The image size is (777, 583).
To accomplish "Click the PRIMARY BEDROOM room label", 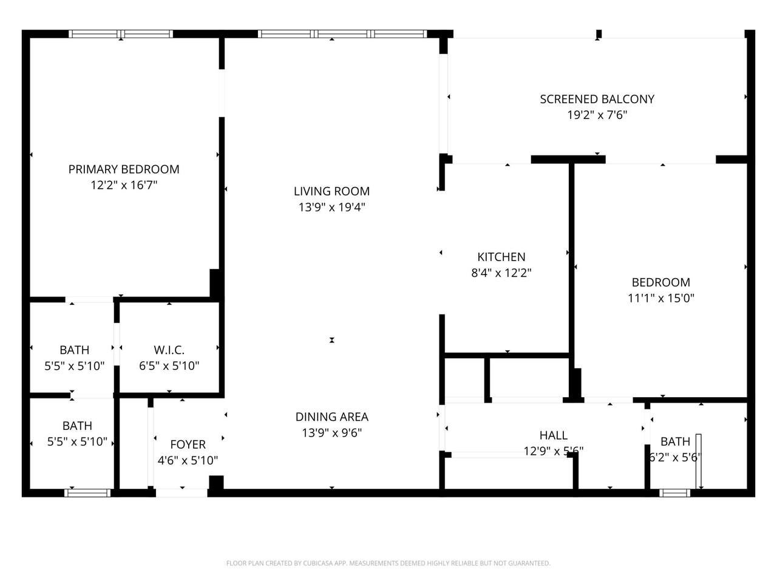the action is (124, 169).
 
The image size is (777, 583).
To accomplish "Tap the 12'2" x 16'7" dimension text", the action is (124, 185).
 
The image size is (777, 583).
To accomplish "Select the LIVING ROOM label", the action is (331, 191).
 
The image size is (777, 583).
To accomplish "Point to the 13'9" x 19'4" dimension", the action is (331, 207).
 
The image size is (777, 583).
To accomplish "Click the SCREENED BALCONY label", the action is (597, 99).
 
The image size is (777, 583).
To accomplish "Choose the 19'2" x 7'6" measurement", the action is (597, 115).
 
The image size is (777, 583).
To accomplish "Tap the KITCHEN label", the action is (501, 257).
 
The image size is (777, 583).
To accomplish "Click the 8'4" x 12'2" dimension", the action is (501, 273).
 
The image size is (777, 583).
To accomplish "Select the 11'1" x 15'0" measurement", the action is (661, 298).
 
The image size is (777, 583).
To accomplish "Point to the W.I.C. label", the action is (169, 350).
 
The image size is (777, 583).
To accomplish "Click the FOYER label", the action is (188, 445).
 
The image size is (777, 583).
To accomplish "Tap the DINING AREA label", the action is (331, 417).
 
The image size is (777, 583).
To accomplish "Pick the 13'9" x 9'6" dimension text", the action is (331, 432).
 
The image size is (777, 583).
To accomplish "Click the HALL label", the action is (553, 435).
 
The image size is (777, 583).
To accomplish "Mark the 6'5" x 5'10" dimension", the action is (169, 366).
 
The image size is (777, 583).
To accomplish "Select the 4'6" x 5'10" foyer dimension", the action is (188, 460).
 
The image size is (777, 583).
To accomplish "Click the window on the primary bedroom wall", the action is (121, 34).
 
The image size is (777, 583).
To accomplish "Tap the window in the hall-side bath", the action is (674, 493).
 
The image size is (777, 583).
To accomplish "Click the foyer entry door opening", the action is (182, 493).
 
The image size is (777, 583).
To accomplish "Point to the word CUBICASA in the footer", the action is (316, 563).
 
